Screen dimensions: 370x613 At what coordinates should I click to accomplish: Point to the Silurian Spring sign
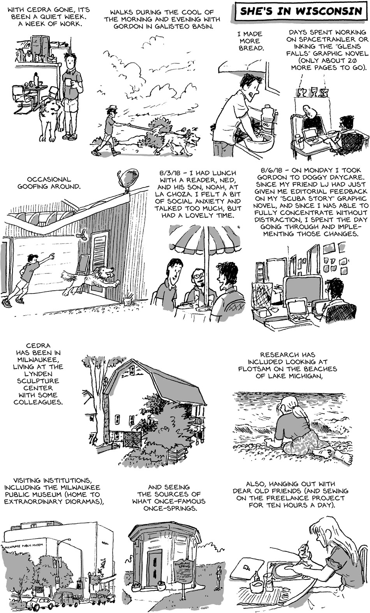coord(183,565)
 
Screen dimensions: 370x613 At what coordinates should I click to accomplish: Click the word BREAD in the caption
coord(251,48)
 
